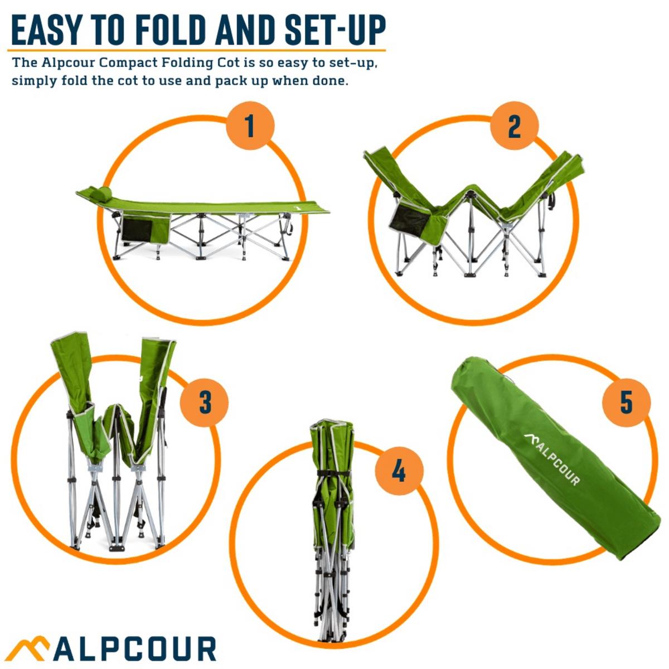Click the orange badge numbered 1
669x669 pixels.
(x=250, y=126)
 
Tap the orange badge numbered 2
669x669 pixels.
(x=513, y=126)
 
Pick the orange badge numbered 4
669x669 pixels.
(x=399, y=472)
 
